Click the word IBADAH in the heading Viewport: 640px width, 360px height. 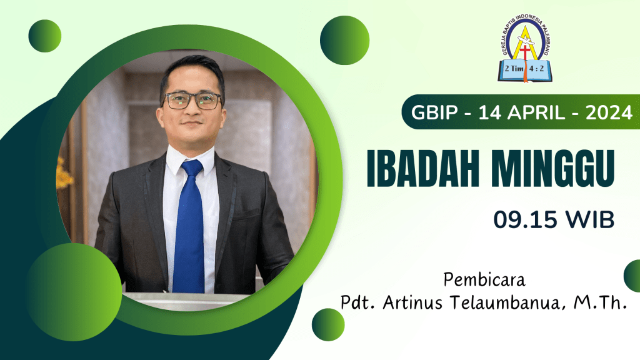pyautogui.click(x=423, y=169)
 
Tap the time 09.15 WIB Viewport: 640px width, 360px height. pyautogui.click(x=554, y=219)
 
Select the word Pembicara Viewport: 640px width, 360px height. pyautogui.click(x=484, y=280)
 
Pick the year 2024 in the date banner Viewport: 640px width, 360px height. pyautogui.click(x=609, y=112)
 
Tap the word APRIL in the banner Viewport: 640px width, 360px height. pyautogui.click(x=536, y=112)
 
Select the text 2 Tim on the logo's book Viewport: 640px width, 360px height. pyautogui.click(x=514, y=69)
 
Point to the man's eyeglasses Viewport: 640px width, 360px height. pyautogui.click(x=192, y=101)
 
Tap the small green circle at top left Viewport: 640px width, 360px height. pyautogui.click(x=45, y=36)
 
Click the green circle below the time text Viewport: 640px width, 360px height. pyautogui.click(x=328, y=324)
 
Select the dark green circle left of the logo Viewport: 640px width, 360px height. pyautogui.click(x=344, y=40)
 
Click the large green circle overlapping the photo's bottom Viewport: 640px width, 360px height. pyautogui.click(x=74, y=292)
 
